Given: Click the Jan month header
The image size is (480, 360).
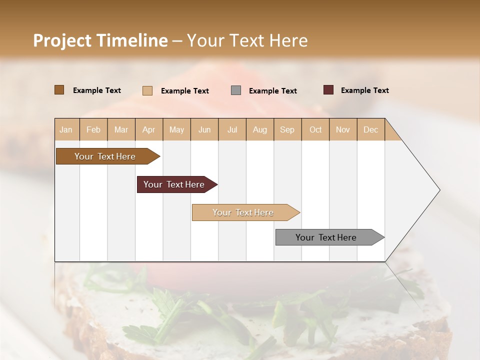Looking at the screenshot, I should pos(66,129).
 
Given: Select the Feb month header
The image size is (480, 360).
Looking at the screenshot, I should pos(93,129).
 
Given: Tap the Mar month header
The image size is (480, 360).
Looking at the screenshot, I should pos(121,129).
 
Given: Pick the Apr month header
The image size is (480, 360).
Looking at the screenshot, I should pos(149,129).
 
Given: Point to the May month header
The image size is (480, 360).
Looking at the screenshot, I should pos(176,129).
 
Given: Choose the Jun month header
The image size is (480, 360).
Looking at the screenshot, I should pos(204,129).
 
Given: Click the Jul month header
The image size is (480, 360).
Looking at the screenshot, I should pos(232,129).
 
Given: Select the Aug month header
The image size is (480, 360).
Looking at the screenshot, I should pos(260,129).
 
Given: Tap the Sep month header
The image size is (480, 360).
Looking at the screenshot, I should pos(287,129).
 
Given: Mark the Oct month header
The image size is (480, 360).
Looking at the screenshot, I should pos(315,129).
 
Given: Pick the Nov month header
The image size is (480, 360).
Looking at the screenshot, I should pos(343,129).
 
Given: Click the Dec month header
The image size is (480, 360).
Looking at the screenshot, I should pos(370,129).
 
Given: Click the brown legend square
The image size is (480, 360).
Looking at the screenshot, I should pos(59,90).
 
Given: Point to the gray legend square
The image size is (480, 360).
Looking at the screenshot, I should pos(236,90).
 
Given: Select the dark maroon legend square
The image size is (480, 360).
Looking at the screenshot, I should pos(328,90).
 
